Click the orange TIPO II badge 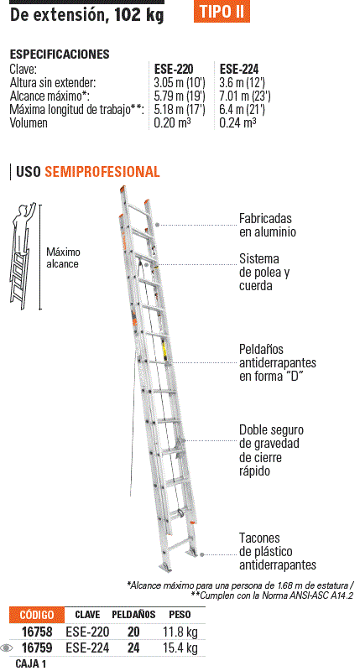[x=222, y=11]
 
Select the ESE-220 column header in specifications [x=174, y=69]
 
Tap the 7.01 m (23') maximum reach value [x=245, y=96]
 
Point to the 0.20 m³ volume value [x=173, y=122]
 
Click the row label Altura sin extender [x=53, y=82]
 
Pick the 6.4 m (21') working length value [x=242, y=109]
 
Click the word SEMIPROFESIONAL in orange [x=102, y=172]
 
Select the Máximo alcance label [x=63, y=257]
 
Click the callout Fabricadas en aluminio [x=265, y=225]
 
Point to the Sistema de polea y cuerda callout [x=264, y=272]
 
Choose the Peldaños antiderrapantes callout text [x=278, y=363]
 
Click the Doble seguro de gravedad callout [x=271, y=450]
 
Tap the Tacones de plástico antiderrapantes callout [x=278, y=552]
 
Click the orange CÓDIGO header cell [x=37, y=615]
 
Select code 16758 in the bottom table [x=37, y=632]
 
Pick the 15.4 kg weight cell [x=180, y=648]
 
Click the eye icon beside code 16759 [x=7, y=648]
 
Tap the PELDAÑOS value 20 [x=133, y=632]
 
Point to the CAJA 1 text [x=31, y=663]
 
